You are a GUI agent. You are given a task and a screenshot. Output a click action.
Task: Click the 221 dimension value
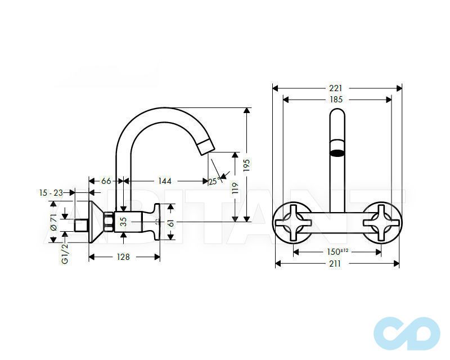pyautogui.click(x=337, y=88)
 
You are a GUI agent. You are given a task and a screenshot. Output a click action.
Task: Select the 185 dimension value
pyautogui.click(x=336, y=100)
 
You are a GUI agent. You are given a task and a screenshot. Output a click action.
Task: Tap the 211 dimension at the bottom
pyautogui.click(x=336, y=263)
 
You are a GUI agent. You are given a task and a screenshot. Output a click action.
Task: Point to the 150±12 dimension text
pyautogui.click(x=337, y=251)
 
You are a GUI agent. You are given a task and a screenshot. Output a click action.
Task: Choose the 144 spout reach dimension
pyautogui.click(x=164, y=181)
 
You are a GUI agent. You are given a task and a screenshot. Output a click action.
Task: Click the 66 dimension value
pyautogui.click(x=106, y=181)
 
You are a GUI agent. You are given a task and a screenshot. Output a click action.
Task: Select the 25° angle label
pyautogui.click(x=214, y=181)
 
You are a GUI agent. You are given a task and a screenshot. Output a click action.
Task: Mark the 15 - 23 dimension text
pyautogui.click(x=51, y=192)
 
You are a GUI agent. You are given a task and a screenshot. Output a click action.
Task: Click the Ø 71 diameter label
pyautogui.click(x=53, y=222)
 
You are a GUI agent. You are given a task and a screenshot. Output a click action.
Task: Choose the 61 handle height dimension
pyautogui.click(x=171, y=223)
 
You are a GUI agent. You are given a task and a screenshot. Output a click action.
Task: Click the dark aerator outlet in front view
pyautogui.click(x=337, y=152)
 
